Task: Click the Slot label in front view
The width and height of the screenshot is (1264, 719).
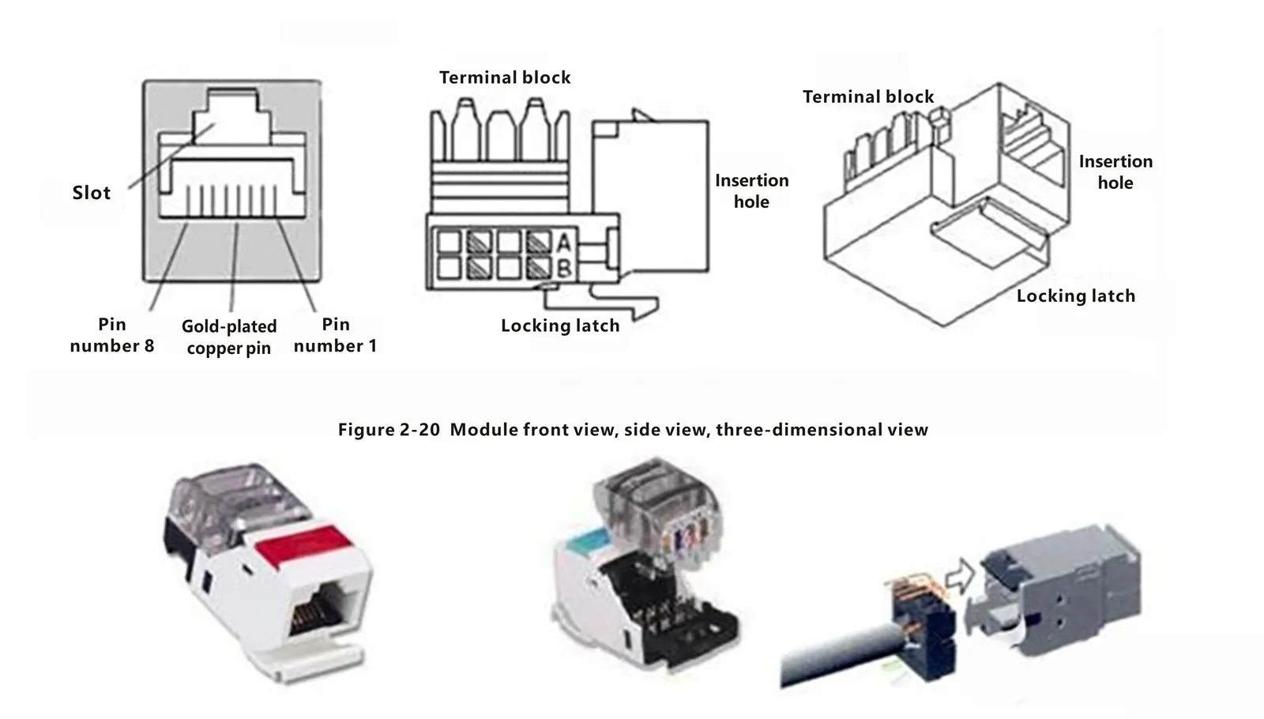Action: click(91, 193)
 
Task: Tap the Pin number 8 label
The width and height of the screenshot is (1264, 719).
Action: click(111, 335)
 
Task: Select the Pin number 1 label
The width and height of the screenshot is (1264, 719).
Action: click(335, 335)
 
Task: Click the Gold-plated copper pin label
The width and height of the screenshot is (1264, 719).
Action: click(229, 337)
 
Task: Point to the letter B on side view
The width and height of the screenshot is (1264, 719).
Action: click(564, 268)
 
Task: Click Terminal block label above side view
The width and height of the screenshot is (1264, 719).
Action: click(505, 77)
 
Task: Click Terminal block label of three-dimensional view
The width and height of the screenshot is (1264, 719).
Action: click(868, 97)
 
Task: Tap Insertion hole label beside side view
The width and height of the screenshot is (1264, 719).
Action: click(751, 191)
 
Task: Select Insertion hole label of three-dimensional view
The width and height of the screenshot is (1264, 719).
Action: click(1115, 172)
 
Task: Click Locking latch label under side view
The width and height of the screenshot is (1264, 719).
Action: click(560, 326)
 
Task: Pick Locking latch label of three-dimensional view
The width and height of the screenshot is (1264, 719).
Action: click(1075, 296)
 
